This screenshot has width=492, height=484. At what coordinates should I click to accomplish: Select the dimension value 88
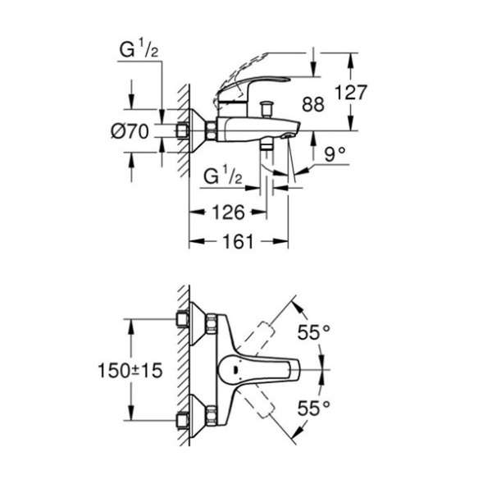[x=313, y=104]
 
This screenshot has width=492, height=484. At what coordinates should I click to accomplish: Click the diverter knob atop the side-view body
[x=264, y=107]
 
